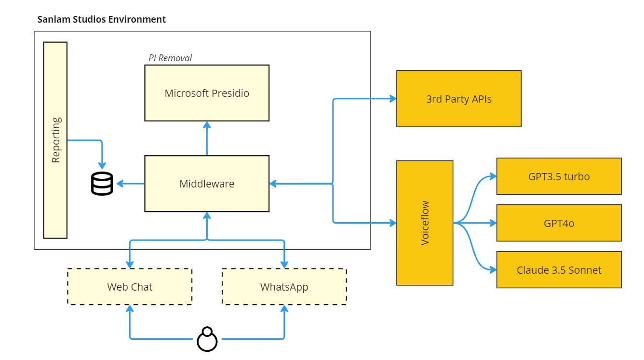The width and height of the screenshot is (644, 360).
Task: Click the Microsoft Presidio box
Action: pos(207,93)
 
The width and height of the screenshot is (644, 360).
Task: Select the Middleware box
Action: pos(207,184)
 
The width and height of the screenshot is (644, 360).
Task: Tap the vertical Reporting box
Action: pos(55,140)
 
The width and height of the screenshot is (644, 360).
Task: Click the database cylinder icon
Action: pos(102,184)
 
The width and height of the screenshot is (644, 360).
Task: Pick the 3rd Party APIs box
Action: pos(458,99)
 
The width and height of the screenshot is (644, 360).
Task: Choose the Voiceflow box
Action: pos(425,223)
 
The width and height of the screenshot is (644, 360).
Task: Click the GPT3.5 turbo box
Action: pos(559,176)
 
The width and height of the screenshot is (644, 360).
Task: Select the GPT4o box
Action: pos(559,223)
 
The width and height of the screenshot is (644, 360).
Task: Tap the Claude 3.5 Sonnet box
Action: pos(559,270)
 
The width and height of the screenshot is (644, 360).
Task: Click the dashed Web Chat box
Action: pos(130,287)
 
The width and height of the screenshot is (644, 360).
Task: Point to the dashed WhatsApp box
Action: pos(284,287)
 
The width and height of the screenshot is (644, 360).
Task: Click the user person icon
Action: pos(207,339)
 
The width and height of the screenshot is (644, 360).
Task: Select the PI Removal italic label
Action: pos(170,58)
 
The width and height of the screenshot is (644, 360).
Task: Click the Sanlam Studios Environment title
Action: pos(102,19)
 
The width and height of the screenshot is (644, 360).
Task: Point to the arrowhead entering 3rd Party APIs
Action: pos(393,99)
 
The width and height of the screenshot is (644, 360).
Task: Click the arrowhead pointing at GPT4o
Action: pos(493,223)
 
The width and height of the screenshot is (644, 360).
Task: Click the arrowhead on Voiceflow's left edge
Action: pos(393,223)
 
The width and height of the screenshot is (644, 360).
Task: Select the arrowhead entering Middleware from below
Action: pos(207,215)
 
